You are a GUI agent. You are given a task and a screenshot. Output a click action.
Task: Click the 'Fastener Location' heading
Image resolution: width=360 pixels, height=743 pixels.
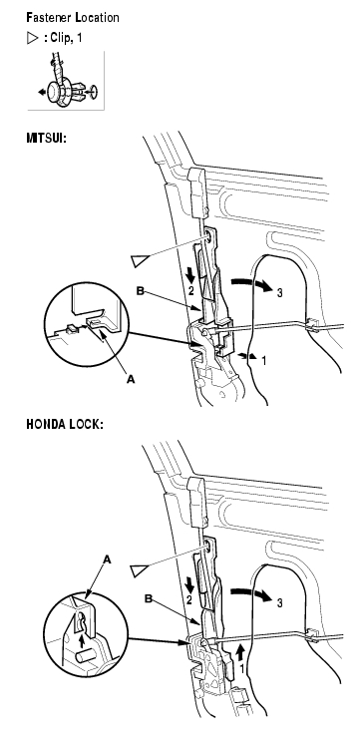73,18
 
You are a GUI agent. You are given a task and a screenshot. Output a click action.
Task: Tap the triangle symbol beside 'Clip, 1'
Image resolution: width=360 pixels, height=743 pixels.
33,38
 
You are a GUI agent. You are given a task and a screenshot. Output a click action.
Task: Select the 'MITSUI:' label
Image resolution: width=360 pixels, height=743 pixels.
46,139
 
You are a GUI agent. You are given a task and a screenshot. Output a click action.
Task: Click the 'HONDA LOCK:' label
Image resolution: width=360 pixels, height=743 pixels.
65,424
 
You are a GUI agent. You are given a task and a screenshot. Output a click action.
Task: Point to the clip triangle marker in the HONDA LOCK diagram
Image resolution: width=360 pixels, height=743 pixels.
139,570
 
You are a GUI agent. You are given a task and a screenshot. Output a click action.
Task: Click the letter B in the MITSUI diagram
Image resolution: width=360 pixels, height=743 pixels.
141,290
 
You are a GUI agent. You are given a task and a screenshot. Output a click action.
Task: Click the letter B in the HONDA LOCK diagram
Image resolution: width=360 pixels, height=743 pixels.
149,599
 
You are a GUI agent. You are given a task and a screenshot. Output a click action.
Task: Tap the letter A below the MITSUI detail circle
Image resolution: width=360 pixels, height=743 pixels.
131,379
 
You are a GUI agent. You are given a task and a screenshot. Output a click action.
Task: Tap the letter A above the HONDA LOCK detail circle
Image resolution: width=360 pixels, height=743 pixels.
108,560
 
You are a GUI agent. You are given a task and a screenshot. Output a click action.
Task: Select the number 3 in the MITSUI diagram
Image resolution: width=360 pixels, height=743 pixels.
279,293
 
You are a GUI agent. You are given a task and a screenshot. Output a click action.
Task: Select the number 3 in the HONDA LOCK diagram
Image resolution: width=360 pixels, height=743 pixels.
279,602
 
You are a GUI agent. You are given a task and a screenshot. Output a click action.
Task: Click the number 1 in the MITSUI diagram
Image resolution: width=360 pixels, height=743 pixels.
264,361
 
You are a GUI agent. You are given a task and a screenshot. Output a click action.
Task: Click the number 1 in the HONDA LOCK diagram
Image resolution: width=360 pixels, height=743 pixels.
242,670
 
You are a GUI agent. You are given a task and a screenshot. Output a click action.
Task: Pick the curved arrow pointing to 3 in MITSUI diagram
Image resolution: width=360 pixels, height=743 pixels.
251,282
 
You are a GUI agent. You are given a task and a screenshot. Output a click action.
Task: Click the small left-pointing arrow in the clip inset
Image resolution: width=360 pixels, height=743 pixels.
42,93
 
